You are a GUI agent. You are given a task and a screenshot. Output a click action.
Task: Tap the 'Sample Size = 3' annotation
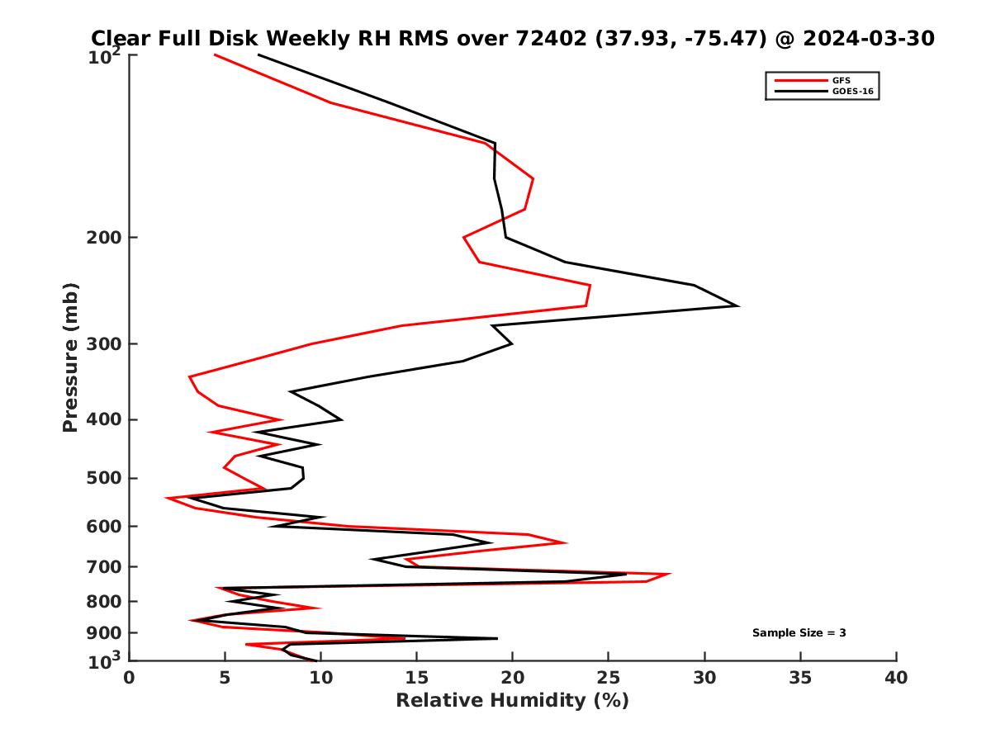[799, 633]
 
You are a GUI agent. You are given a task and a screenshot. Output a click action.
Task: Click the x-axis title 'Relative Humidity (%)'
[512, 701]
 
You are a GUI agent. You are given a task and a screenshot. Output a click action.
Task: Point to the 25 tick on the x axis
[609, 679]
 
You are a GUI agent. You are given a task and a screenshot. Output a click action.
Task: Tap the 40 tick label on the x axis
[896, 679]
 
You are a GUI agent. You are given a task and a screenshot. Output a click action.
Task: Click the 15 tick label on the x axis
[417, 679]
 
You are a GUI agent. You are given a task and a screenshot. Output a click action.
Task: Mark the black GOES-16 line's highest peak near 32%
[737, 306]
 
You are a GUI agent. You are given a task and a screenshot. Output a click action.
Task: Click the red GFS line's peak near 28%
[670, 574]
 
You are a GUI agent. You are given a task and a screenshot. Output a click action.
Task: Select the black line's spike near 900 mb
[496, 638]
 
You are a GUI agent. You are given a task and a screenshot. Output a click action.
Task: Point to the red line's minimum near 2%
[167, 499]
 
